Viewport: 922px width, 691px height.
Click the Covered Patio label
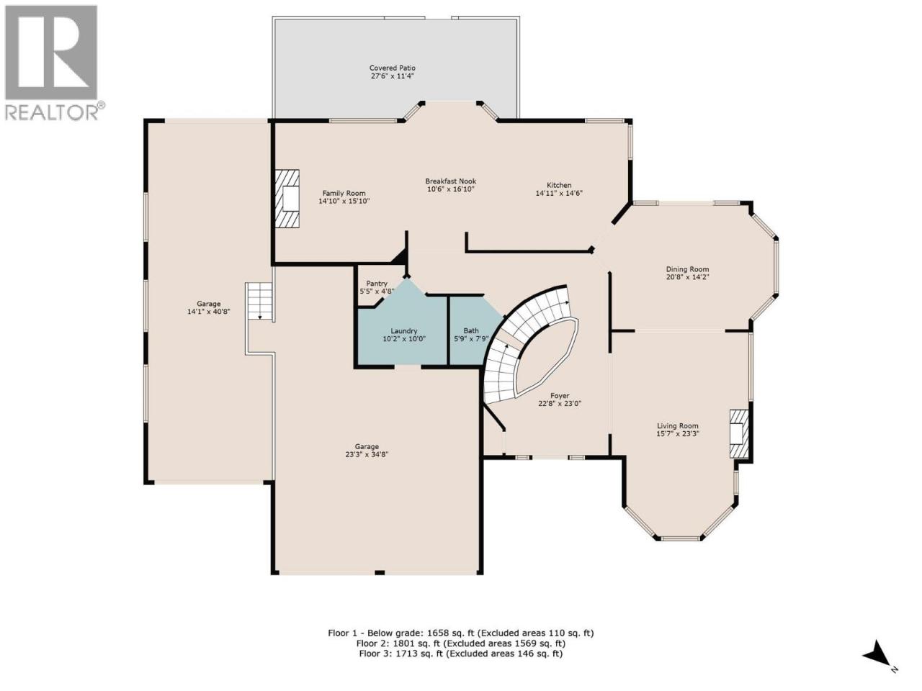pos(392,68)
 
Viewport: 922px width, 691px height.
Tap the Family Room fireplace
pos(287,199)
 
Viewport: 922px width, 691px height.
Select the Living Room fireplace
pos(739,433)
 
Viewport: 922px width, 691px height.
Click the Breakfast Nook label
pos(450,181)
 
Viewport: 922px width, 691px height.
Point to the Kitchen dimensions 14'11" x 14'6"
pos(559,193)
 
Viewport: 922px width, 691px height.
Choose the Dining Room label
pos(687,269)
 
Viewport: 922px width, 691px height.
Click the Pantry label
pos(376,284)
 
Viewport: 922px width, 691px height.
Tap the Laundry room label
pos(403,331)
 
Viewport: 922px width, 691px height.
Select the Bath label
pos(471,330)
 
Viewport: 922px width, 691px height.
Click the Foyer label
pos(560,396)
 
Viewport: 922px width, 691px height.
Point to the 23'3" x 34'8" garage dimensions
pos(367,454)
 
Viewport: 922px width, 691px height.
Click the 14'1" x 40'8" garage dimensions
pos(209,312)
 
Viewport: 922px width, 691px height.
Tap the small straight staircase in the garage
pos(259,302)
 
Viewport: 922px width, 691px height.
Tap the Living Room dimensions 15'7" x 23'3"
pos(678,434)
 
